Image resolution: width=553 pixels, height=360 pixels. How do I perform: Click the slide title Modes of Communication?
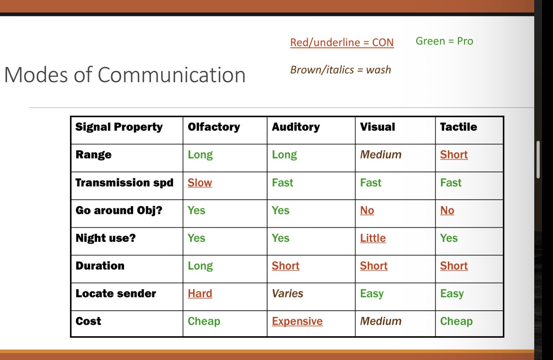pos(125,75)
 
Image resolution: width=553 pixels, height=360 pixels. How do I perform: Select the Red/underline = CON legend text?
pos(342,42)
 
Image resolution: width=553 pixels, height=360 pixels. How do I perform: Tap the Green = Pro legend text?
pos(444,41)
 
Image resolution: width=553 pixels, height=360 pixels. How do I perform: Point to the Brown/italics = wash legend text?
pos(340,70)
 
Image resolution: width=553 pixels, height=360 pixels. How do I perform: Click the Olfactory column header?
pos(214,127)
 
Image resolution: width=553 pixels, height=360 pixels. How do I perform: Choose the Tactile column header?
pos(458,127)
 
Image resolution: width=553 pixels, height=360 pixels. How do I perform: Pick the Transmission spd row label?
pos(124,183)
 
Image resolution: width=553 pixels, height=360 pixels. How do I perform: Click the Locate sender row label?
pos(116,293)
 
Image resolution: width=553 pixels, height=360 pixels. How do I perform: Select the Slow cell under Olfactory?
pos(200,183)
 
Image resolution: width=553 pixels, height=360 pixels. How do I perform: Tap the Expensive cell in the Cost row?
pos(297,321)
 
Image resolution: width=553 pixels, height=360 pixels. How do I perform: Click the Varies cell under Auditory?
pos(287,293)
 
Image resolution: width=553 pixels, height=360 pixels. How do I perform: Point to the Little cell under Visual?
pos(373,238)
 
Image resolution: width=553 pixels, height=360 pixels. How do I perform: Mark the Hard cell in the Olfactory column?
pos(200,293)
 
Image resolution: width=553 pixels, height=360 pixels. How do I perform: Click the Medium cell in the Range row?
pos(381,155)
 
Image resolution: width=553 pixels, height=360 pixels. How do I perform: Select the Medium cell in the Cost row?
pos(381,321)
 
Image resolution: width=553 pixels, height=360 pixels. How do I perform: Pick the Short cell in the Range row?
pos(454,155)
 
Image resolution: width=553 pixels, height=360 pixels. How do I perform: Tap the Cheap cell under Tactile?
pos(456,321)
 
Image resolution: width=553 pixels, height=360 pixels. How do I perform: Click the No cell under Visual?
pos(367,211)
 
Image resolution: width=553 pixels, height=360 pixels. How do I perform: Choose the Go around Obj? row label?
pos(119,211)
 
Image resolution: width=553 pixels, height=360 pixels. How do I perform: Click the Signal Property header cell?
pos(119,127)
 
